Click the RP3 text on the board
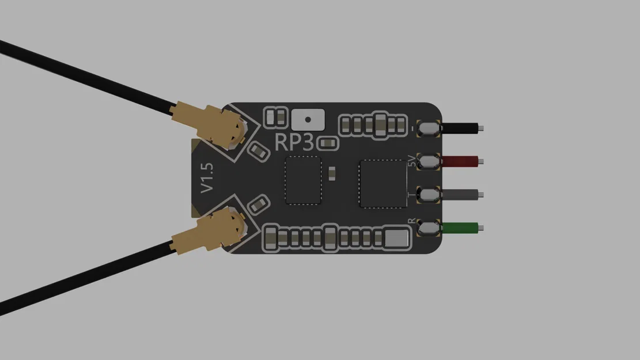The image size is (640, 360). [295, 142]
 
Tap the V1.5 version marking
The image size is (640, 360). [207, 177]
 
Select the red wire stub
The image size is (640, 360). [460, 161]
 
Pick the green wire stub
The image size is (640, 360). [460, 228]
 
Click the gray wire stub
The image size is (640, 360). [460, 195]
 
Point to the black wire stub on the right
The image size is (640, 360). [460, 128]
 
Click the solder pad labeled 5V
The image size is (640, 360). [429, 161]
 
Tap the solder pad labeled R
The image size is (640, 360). [429, 228]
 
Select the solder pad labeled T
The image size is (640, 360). [429, 195]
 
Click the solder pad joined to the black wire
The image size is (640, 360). [429, 128]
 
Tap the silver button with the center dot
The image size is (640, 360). [308, 120]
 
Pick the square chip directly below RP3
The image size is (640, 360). [303, 180]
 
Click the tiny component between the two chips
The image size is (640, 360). [332, 172]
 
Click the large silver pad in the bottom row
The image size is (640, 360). [396, 238]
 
